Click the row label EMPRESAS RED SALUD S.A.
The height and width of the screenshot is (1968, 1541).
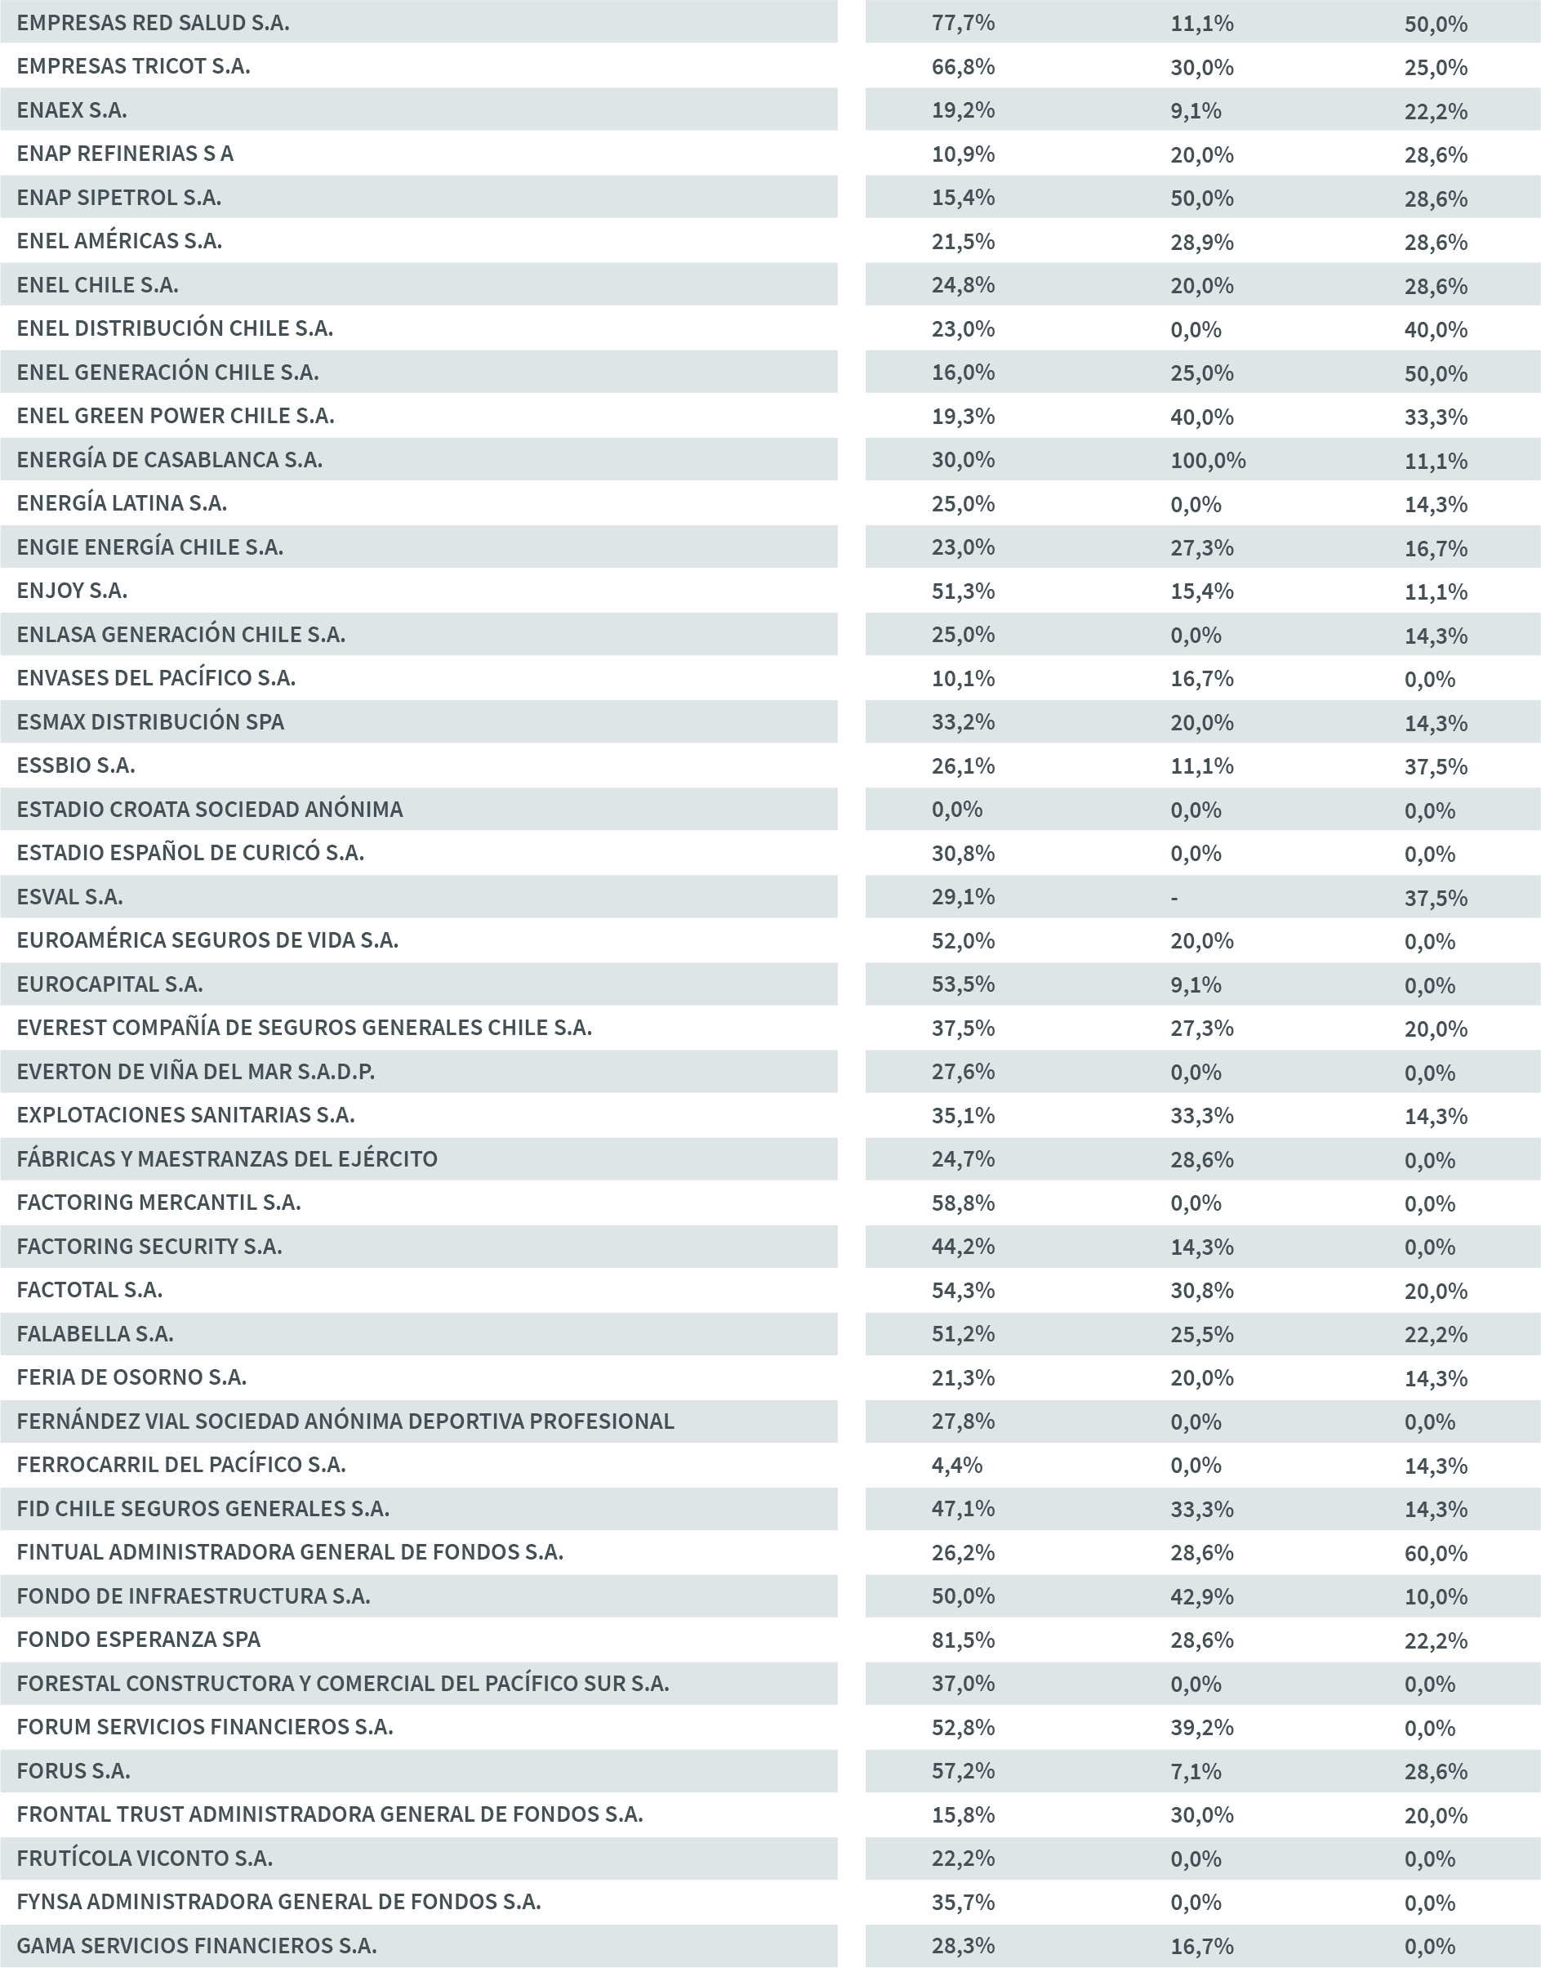(x=153, y=23)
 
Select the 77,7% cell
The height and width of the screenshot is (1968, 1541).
(x=963, y=23)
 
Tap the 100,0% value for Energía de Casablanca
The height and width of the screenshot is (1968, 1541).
(x=1207, y=460)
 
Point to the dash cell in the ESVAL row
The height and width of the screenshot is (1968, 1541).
(x=1174, y=898)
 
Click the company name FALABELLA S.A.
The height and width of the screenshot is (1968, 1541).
(x=95, y=1334)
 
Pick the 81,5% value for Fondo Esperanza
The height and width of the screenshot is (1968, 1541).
(x=963, y=1640)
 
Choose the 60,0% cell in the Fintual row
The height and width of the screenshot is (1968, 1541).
(x=1435, y=1553)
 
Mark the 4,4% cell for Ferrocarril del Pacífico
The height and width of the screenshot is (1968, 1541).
(x=956, y=1465)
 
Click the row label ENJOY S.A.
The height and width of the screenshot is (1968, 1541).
(x=71, y=591)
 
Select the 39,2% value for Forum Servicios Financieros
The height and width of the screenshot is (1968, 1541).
(x=1202, y=1727)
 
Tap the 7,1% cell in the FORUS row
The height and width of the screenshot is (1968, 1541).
(x=1196, y=1771)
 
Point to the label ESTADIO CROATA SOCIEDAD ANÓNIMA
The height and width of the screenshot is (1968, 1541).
(x=209, y=810)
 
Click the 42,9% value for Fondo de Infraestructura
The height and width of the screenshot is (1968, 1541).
(x=1202, y=1596)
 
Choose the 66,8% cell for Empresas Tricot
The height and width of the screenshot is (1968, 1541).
(x=963, y=67)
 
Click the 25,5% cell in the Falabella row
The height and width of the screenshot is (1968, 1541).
(x=1202, y=1334)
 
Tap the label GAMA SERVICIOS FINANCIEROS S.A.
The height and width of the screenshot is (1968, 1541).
(x=196, y=1945)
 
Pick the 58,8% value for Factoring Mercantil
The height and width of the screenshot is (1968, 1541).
(x=963, y=1203)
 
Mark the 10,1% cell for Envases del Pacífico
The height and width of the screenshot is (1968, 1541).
(x=963, y=679)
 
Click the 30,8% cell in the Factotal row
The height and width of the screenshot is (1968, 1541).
(x=1202, y=1290)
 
